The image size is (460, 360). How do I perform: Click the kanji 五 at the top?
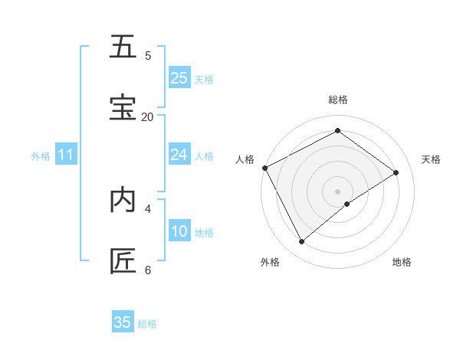123,47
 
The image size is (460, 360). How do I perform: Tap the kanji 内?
123,200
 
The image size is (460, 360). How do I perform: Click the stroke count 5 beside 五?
148,55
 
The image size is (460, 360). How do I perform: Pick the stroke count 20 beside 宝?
147,116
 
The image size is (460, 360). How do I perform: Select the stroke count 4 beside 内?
148,208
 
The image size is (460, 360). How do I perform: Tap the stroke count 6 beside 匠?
148,269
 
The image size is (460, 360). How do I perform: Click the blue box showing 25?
179,78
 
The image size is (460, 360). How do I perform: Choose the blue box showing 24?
179,155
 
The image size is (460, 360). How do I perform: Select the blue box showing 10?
179,231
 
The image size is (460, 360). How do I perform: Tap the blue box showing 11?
66,155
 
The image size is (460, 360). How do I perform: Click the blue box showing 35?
123,322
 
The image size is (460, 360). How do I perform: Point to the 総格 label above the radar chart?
338,100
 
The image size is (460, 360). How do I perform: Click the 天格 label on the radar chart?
432,159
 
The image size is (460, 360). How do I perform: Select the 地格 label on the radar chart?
402,262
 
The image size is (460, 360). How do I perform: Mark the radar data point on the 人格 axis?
264,168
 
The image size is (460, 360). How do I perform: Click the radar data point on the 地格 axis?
347,204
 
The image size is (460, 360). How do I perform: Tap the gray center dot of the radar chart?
338,191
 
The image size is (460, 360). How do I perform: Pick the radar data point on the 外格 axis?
302,242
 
